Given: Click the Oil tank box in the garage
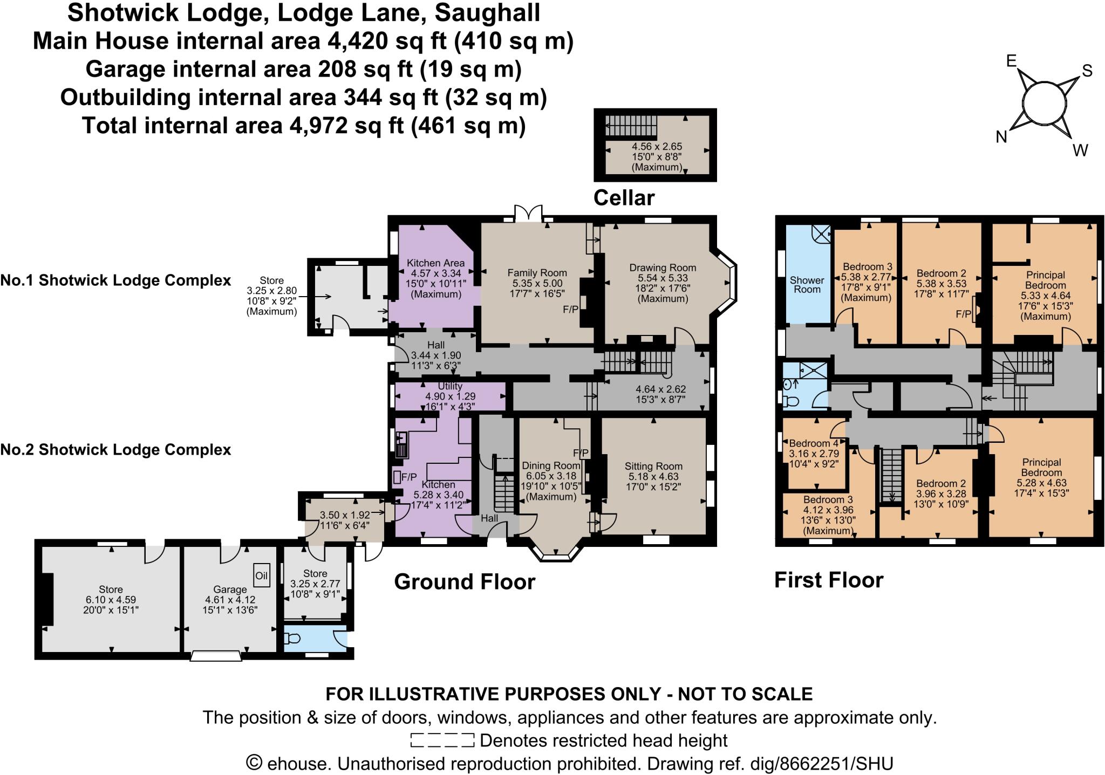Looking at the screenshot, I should tap(261, 575).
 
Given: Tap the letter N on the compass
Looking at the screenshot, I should tap(1001, 137).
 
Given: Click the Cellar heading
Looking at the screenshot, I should tap(624, 198).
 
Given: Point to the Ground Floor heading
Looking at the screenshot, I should tap(465, 581).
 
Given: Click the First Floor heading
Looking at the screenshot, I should tap(829, 580).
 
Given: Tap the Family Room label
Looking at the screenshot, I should tap(537, 273).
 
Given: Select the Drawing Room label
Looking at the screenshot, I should tap(663, 268).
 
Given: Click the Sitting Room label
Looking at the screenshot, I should tap(653, 466).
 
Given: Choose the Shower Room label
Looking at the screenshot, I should tap(807, 284).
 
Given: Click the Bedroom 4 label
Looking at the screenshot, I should tap(813, 443).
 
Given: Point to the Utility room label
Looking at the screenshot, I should tap(450, 386).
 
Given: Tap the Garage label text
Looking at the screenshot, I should tap(230, 589).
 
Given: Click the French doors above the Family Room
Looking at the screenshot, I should tap(527, 214).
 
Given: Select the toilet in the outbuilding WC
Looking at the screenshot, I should tap(292, 639).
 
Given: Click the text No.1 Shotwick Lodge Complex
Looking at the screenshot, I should tap(115, 280).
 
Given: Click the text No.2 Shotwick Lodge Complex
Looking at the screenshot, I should tap(115, 450).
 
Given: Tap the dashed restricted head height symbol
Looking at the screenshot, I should tap(442, 740).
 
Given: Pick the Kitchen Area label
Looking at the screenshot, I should tap(435, 263).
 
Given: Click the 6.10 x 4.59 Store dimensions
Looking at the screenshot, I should tap(111, 600).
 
